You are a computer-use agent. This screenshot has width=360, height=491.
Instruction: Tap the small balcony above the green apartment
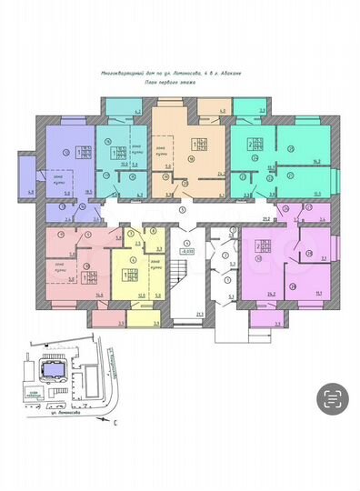pos(258,112)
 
